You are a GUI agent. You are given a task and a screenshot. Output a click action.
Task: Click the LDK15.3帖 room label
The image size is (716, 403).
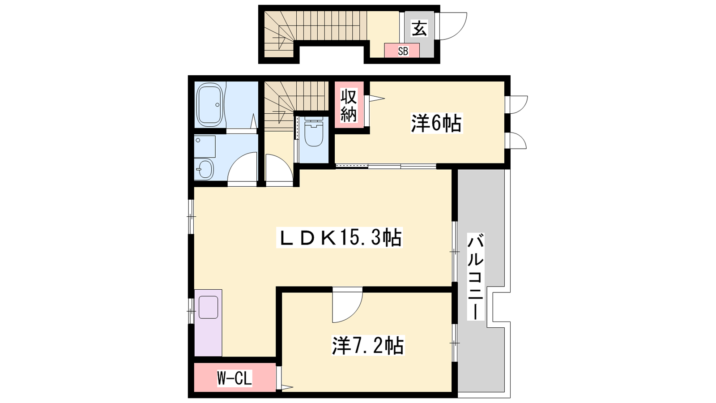coord(340,237)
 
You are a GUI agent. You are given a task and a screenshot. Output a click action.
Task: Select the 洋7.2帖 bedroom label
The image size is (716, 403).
coord(368,345)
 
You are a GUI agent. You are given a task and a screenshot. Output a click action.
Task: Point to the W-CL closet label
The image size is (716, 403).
coord(234,378)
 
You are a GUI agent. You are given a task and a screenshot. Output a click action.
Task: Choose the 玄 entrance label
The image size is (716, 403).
coord(419,29)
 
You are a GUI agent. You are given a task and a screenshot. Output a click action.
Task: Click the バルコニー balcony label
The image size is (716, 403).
coord(476,277)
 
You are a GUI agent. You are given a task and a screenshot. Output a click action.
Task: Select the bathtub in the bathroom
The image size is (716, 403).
coord(209,105)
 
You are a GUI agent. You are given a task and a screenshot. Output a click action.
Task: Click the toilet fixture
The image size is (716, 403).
coord(314,132)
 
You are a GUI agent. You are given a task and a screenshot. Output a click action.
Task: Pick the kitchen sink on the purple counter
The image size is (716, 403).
coord(209,307)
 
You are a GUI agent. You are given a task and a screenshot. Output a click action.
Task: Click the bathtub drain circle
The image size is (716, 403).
coord(217,105)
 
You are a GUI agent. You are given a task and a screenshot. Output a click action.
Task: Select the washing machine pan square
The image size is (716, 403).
coord(205,146)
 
